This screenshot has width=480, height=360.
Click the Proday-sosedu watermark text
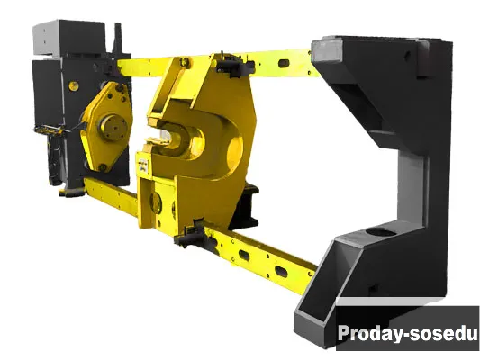pyautogui.click(x=407, y=333)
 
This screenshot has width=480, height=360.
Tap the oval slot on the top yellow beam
pyautogui.click(x=284, y=64)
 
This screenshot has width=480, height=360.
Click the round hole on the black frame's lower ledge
pyautogui.click(x=381, y=232)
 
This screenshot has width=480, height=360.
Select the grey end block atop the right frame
pyautogui.click(x=327, y=50)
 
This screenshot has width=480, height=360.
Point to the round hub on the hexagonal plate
pyautogui.click(x=113, y=127)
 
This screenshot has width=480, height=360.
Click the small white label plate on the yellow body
pyautogui.click(x=142, y=166)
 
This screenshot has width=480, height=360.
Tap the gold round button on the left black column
pyautogui.click(x=74, y=86)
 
